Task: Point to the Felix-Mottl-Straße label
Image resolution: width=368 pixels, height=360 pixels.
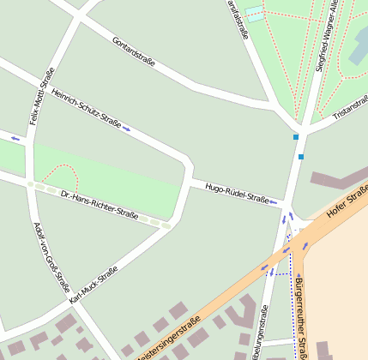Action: [x=42, y=96]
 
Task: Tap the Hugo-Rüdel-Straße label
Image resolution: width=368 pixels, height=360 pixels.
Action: [x=237, y=193]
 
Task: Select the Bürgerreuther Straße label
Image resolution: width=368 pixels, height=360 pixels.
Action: [x=301, y=318]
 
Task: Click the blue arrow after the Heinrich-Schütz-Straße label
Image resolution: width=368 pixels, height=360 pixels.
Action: [x=127, y=129]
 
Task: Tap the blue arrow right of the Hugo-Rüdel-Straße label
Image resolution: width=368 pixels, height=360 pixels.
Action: [x=274, y=203]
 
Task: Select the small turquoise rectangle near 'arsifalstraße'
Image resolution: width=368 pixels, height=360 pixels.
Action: [x=255, y=14]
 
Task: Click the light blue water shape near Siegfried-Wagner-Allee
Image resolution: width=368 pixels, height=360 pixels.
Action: [x=359, y=47]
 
